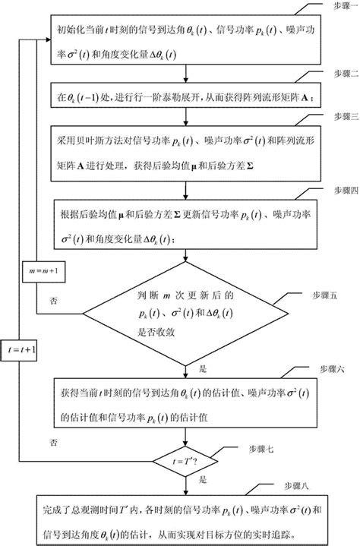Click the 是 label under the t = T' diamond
pos(202,481)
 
